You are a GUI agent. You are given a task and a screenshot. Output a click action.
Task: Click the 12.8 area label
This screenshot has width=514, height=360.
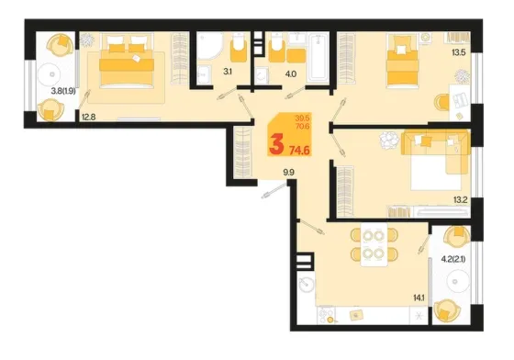[x=88, y=117]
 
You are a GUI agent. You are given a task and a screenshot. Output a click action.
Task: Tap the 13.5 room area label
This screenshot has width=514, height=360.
[x=459, y=52]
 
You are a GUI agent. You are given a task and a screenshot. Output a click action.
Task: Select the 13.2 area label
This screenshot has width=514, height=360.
[x=460, y=200]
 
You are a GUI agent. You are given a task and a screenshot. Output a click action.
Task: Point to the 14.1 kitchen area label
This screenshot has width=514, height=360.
[x=419, y=298]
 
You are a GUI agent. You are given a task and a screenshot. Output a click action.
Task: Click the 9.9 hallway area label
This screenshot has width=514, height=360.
[x=288, y=173]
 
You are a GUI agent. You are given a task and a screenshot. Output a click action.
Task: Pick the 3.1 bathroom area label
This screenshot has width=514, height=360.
[x=228, y=72]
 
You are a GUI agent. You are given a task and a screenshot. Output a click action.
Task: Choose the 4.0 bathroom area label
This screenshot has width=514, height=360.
[x=291, y=74]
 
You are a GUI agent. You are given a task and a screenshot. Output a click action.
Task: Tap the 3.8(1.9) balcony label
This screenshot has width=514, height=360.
[x=63, y=92]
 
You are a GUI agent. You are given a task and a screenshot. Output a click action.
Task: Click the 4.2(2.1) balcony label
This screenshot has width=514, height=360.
[x=453, y=259]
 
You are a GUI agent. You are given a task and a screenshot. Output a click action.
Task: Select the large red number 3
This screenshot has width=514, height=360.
[x=276, y=145]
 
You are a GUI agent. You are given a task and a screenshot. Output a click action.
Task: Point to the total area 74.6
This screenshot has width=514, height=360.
[x=299, y=151]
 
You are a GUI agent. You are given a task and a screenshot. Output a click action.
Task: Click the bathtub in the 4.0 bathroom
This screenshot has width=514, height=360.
[x=318, y=58]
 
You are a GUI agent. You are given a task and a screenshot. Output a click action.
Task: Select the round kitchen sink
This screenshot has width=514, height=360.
[x=306, y=284]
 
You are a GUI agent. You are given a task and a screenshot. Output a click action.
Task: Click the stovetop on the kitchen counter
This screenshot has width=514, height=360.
[x=327, y=315]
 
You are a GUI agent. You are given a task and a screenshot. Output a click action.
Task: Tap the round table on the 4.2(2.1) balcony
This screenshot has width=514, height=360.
[x=454, y=281]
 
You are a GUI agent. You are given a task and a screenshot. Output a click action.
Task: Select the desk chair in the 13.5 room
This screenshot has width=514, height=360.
[x=441, y=102]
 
